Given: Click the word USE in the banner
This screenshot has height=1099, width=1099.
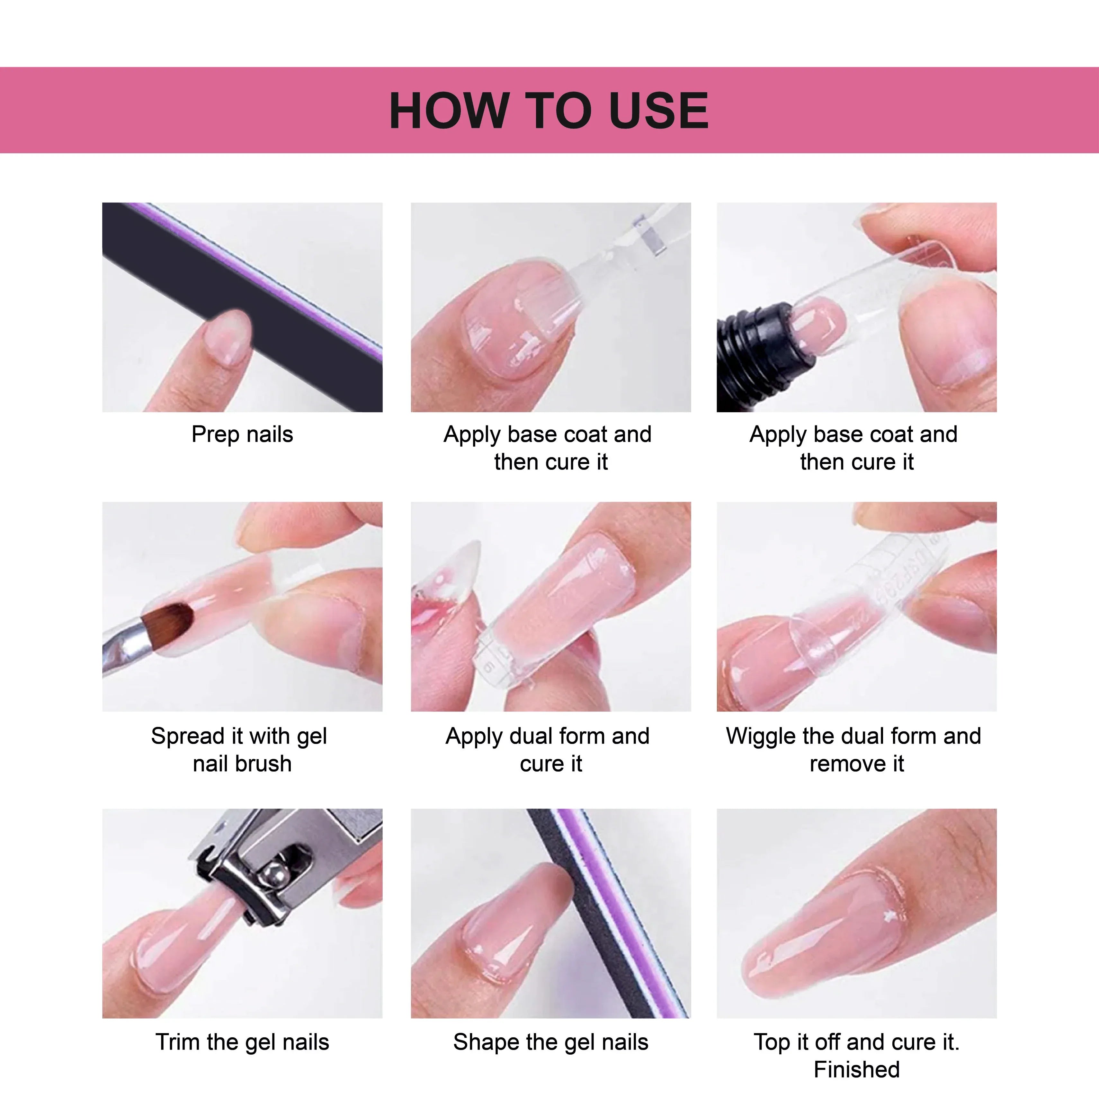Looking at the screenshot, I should tap(658, 110).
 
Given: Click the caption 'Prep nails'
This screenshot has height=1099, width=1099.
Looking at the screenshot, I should tap(242, 434).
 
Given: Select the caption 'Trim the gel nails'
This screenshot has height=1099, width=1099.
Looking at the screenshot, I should tap(242, 1042).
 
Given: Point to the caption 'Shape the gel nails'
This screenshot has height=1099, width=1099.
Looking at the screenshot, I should tap(551, 1042).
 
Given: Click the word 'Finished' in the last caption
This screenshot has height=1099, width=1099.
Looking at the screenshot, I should tap(857, 1069).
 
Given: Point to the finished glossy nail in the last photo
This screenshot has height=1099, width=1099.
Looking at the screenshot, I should tap(825, 933).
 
